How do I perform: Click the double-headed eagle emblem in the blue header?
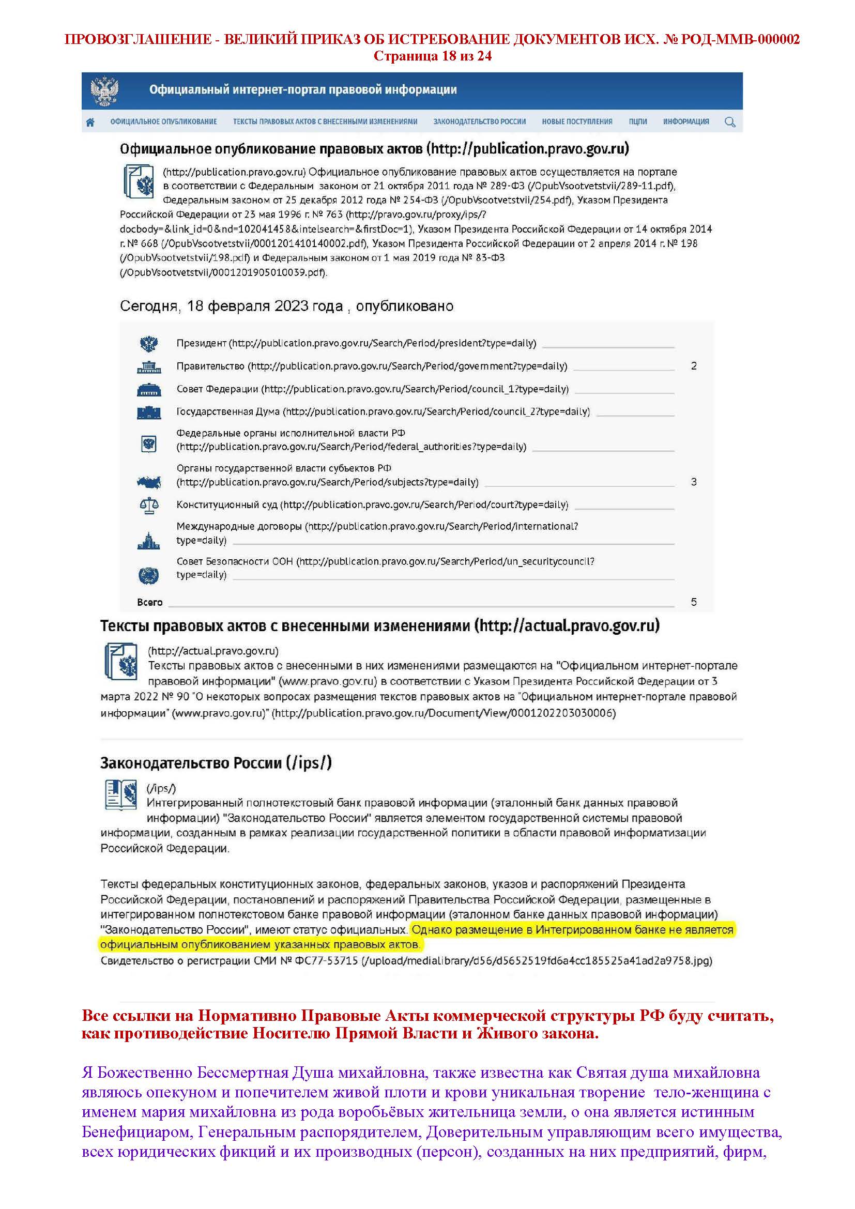pos(104,91)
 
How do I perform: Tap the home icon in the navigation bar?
pos(90,122)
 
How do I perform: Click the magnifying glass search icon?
pos(730,122)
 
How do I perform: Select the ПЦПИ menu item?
pos(637,121)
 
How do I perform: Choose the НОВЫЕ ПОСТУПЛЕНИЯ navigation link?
pos(577,121)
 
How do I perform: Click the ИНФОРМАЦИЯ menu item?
pos(686,121)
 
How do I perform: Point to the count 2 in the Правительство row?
pos(694,366)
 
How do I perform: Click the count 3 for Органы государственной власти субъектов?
pos(694,482)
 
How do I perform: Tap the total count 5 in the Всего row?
pos(694,602)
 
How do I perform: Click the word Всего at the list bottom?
pos(149,602)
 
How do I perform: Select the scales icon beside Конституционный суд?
pos(149,506)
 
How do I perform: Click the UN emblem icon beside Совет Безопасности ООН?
pos(149,575)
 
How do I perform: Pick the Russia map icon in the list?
pos(149,481)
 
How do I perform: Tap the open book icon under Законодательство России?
pos(121,795)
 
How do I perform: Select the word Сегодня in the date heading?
pos(149,307)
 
